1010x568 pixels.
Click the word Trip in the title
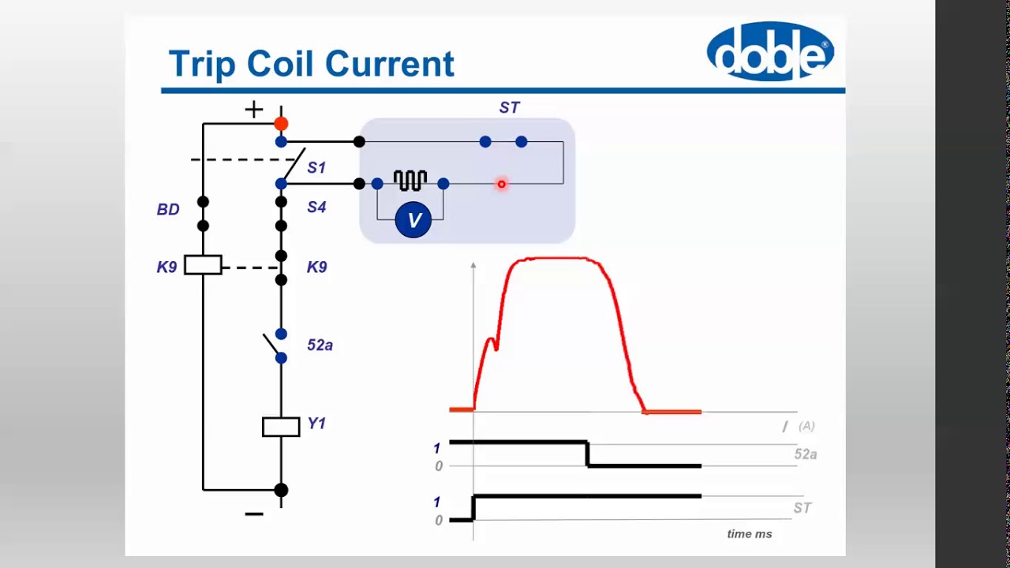202,63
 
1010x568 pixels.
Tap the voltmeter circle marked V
413,220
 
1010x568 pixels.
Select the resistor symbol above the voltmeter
410,181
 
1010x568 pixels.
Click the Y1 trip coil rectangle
281,427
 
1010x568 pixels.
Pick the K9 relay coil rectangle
203,265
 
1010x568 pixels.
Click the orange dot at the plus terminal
281,124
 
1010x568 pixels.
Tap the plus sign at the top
253,110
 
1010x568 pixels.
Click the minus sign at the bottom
253,514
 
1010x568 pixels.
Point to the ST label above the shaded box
509,107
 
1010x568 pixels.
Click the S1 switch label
316,167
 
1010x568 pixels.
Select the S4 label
316,207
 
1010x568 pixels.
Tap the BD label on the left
168,209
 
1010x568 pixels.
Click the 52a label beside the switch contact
320,345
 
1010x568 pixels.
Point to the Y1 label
316,424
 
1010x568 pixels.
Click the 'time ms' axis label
749,534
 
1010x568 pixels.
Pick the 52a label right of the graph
805,454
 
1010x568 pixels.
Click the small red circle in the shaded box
501,185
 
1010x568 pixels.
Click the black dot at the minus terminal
281,490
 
